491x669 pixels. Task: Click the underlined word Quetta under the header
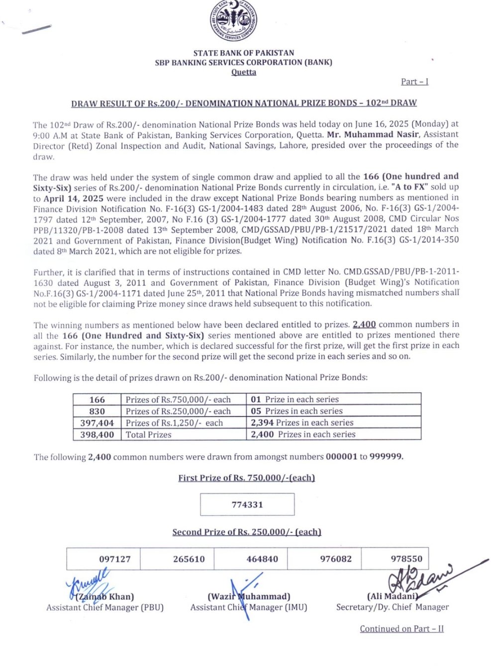244,73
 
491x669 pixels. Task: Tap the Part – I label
414,82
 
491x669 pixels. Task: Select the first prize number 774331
247,504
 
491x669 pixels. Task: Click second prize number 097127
115,559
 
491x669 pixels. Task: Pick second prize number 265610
189,559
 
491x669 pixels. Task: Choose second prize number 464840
262,559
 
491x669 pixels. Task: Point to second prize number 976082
336,559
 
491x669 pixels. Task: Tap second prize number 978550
406,559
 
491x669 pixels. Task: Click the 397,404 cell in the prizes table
97,423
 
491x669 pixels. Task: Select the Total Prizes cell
148,435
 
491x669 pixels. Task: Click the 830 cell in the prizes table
97,412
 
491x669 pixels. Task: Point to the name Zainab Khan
105,597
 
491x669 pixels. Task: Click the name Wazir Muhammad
249,597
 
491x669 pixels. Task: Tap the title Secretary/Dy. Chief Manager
392,607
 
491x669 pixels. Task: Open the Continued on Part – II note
401,629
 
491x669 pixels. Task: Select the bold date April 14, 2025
74,198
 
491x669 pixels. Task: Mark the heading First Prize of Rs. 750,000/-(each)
246,478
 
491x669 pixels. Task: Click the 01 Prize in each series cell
295,400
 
